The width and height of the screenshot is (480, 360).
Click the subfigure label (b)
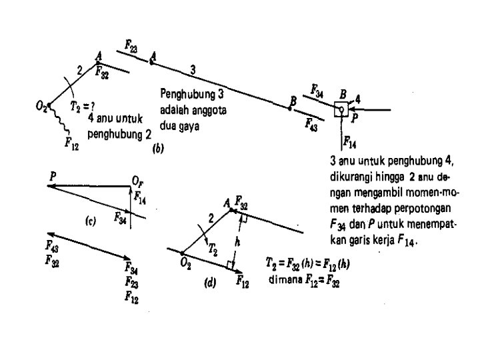click(x=158, y=150)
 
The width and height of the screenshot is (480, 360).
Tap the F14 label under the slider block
click(x=350, y=141)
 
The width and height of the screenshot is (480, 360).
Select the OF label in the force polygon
click(x=138, y=181)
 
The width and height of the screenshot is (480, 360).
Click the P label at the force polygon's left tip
click(x=51, y=175)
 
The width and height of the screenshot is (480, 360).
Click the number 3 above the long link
click(x=193, y=69)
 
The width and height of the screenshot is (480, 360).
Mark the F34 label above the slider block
click(x=317, y=89)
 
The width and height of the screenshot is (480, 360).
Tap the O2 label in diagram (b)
click(x=41, y=106)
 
